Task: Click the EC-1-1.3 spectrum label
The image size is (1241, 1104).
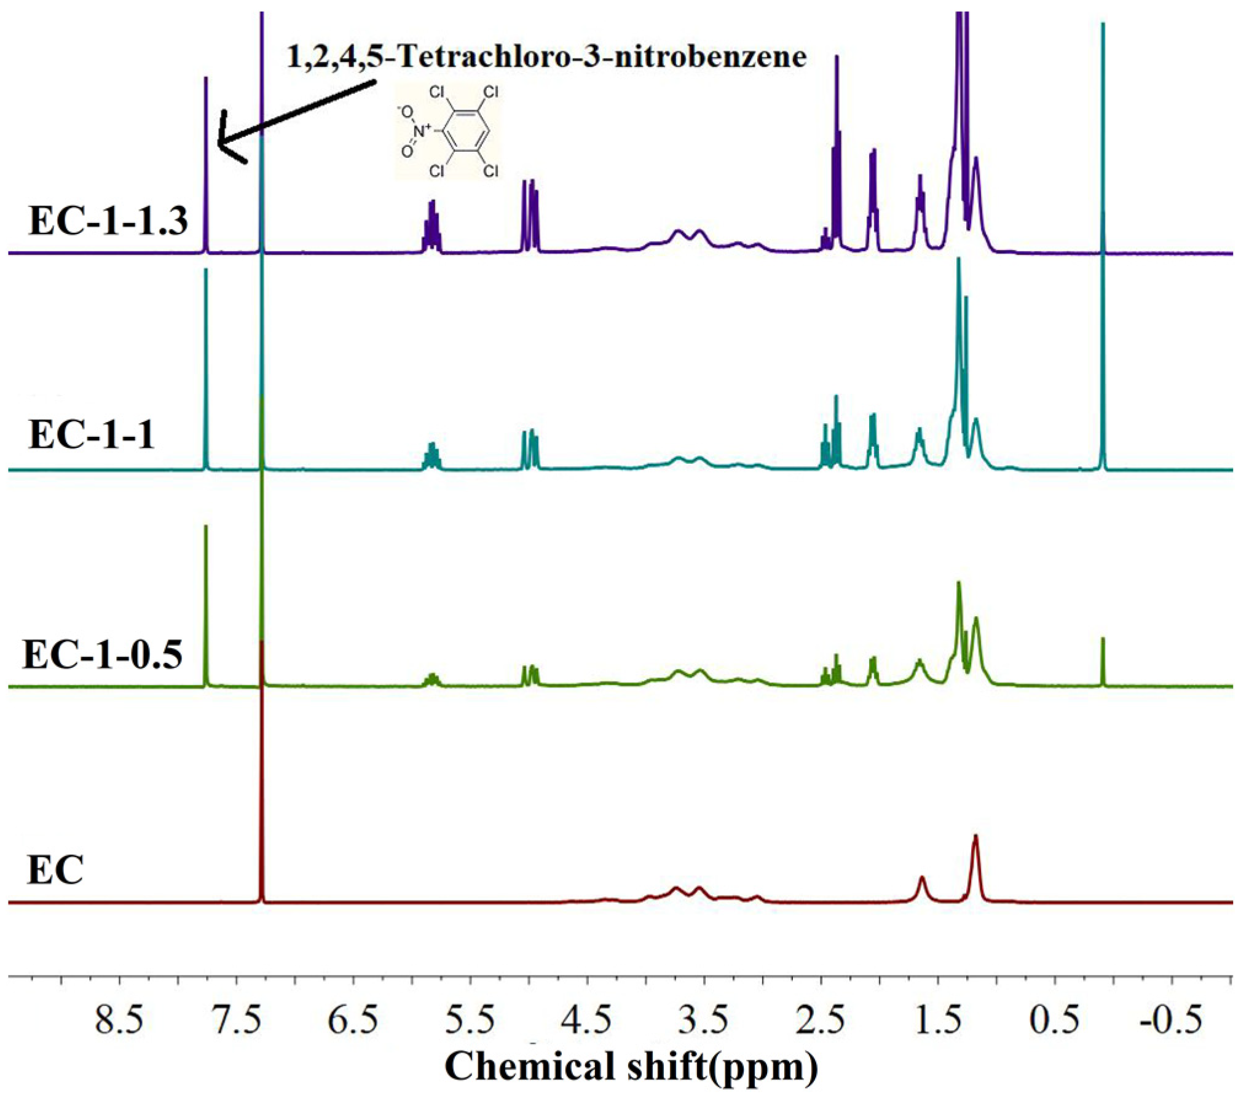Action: point(108,221)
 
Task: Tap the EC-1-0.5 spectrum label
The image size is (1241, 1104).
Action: point(103,655)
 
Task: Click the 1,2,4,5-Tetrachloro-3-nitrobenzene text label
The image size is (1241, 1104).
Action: point(546,57)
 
